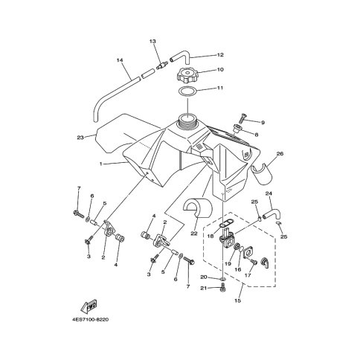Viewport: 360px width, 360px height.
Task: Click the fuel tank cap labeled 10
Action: coord(187,75)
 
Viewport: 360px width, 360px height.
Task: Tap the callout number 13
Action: coord(152,41)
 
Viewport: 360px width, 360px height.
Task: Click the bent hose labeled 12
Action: coord(180,56)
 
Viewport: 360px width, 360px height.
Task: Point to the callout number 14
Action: coord(120,60)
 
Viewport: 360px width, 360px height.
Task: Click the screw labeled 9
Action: coord(242,118)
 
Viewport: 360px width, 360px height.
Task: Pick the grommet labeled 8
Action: coord(237,129)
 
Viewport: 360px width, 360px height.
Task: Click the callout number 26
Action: coord(280,154)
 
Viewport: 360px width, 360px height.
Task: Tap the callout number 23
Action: coord(80,138)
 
